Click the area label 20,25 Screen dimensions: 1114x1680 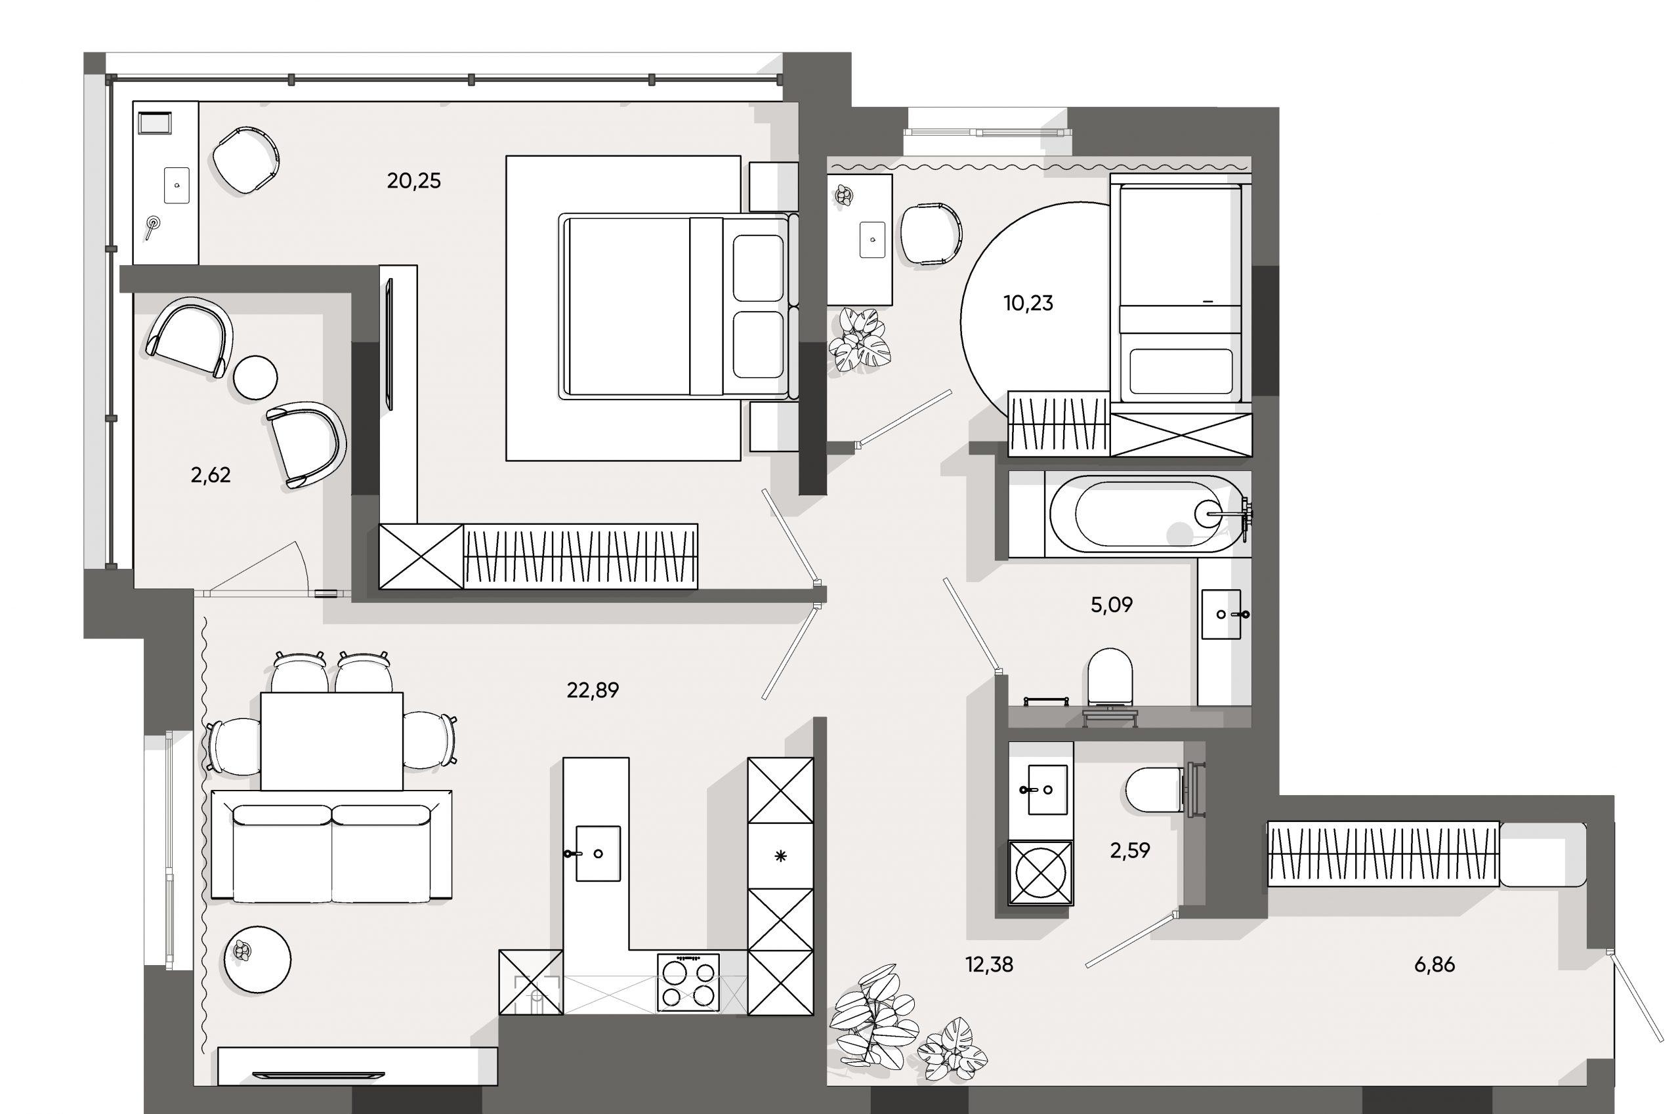[x=413, y=181]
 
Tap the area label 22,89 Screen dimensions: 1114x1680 [x=593, y=690]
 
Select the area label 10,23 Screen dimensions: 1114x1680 [x=1028, y=303]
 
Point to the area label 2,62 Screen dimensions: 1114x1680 [x=211, y=474]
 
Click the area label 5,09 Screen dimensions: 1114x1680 [x=1112, y=606]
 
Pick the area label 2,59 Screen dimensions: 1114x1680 [x=1130, y=850]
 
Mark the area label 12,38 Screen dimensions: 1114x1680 [x=989, y=965]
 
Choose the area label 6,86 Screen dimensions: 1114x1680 [x=1434, y=965]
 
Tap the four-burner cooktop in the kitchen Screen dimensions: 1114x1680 [x=688, y=983]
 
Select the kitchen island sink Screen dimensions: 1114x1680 [x=598, y=854]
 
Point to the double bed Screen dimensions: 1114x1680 [x=675, y=307]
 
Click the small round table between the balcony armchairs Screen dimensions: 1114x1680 [x=255, y=377]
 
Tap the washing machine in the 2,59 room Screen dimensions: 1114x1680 [x=1040, y=873]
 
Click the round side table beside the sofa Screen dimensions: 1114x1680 [x=257, y=959]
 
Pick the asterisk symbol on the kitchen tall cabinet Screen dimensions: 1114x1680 [x=780, y=856]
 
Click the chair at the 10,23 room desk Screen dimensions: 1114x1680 [x=931, y=234]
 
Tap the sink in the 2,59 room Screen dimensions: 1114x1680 [x=1047, y=789]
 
